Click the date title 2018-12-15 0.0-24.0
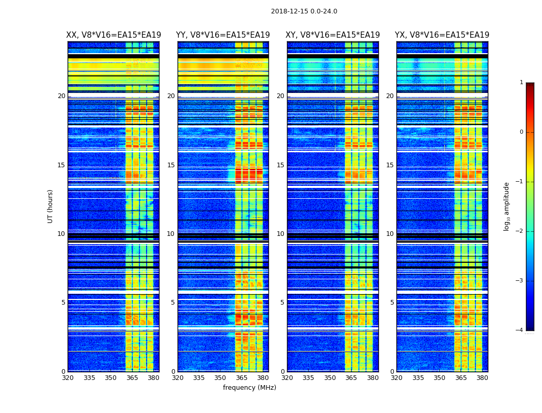[x=304, y=11]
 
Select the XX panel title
[x=114, y=35]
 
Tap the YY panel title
[x=223, y=35]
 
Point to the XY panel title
[x=333, y=35]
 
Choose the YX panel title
[x=442, y=35]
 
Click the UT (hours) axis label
[x=51, y=206]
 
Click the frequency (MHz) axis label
[x=249, y=388]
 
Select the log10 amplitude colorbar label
[x=507, y=206]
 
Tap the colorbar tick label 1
[x=521, y=83]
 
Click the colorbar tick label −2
[x=520, y=231]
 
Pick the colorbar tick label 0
[x=521, y=132]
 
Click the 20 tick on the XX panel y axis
[x=61, y=96]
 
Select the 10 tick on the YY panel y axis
[x=171, y=234]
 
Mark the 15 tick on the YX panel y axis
[x=390, y=165]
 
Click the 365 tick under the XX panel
[x=132, y=378]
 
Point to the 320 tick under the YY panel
[x=178, y=378]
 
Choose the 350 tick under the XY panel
[x=330, y=378]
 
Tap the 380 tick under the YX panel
[x=482, y=378]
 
